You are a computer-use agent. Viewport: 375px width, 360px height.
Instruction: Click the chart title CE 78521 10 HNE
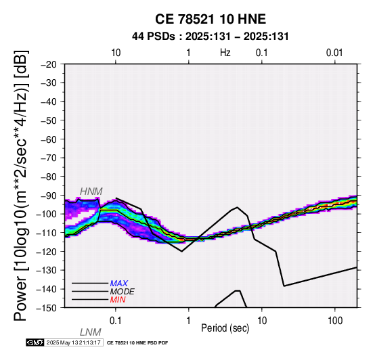pyautogui.click(x=211, y=19)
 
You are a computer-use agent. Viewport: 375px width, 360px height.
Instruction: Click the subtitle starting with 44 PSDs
pyautogui.click(x=211, y=37)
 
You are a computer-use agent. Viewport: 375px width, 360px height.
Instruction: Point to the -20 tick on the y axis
pyautogui.click(x=49, y=64)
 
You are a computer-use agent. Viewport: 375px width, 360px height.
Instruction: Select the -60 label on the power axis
pyautogui.click(x=49, y=139)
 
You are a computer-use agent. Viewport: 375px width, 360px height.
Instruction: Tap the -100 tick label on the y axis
pyautogui.click(x=47, y=214)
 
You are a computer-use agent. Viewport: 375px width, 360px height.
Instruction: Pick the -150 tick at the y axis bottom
pyautogui.click(x=47, y=308)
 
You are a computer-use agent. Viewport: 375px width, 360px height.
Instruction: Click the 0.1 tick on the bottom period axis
pyautogui.click(x=116, y=321)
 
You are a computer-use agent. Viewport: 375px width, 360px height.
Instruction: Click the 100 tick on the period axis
pyautogui.click(x=335, y=321)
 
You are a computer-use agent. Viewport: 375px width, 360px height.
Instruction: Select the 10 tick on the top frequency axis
pyautogui.click(x=116, y=53)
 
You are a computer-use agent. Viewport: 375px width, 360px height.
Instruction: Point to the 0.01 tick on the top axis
pyautogui.click(x=334, y=53)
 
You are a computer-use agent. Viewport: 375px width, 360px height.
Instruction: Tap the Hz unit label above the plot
pyautogui.click(x=225, y=53)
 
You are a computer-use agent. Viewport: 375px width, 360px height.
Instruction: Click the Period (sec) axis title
pyautogui.click(x=225, y=328)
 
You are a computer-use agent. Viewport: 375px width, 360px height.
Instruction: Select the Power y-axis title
pyautogui.click(x=20, y=185)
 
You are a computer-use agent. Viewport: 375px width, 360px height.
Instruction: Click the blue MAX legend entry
pyautogui.click(x=119, y=284)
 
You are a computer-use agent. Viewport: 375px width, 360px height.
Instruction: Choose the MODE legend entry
pyautogui.click(x=123, y=292)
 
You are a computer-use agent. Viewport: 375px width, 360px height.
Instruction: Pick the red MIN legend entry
pyautogui.click(x=118, y=300)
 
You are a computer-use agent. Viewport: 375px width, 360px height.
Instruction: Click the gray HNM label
pyautogui.click(x=91, y=192)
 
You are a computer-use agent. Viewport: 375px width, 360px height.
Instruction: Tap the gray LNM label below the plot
pyautogui.click(x=91, y=332)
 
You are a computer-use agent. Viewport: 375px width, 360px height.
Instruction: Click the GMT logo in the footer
pyautogui.click(x=35, y=342)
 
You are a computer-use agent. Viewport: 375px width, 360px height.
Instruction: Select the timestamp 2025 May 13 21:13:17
pyautogui.click(x=73, y=342)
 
